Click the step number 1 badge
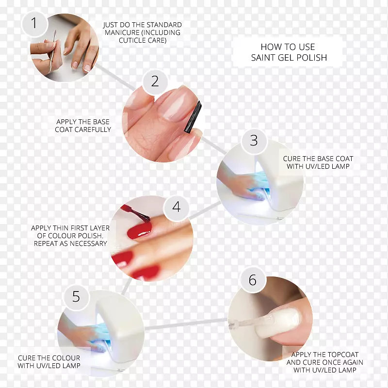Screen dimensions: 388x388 (34, 24)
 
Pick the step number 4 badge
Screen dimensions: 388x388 (176, 207)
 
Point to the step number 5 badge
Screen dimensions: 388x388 (76, 297)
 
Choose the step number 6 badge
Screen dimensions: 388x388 (253, 280)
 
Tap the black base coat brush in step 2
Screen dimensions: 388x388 (193, 117)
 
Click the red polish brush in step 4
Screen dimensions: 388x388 (137, 213)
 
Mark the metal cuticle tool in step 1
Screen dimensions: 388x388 (52, 51)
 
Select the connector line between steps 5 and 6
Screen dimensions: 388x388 (186, 324)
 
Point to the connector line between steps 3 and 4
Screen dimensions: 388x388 (205, 210)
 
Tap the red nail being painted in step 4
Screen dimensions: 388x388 (140, 230)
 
